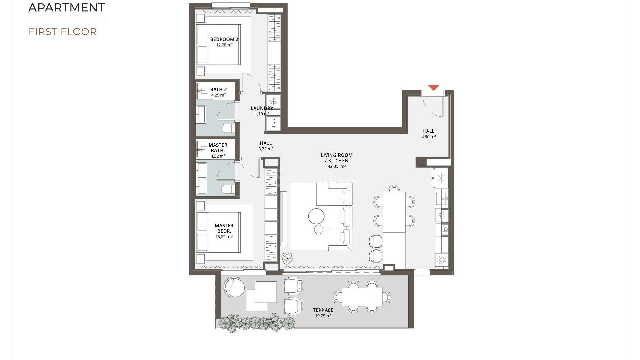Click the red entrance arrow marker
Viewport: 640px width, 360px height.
pyautogui.click(x=433, y=88)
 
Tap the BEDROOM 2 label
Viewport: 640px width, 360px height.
pyautogui.click(x=224, y=39)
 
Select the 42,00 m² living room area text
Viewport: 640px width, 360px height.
pyautogui.click(x=336, y=166)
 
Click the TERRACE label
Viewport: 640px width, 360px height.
pyautogui.click(x=323, y=310)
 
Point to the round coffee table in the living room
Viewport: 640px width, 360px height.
pyautogui.click(x=316, y=216)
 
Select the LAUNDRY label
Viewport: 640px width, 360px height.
pyautogui.click(x=262, y=108)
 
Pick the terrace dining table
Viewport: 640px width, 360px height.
pyautogui.click(x=362, y=296)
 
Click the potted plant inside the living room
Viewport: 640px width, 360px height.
pyautogui.click(x=287, y=258)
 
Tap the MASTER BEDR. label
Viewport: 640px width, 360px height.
pyautogui.click(x=224, y=228)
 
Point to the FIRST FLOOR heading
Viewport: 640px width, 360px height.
pyautogui.click(x=63, y=32)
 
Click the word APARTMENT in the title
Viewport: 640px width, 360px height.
pyautogui.click(x=67, y=7)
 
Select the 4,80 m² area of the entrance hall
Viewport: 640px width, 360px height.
pyautogui.click(x=428, y=137)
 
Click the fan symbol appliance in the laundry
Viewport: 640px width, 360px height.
pyautogui.click(x=273, y=102)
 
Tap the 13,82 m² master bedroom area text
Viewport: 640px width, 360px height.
pyautogui.click(x=224, y=237)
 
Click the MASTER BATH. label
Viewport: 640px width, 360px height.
pyautogui.click(x=218, y=148)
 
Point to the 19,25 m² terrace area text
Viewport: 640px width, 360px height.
pyautogui.click(x=323, y=316)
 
